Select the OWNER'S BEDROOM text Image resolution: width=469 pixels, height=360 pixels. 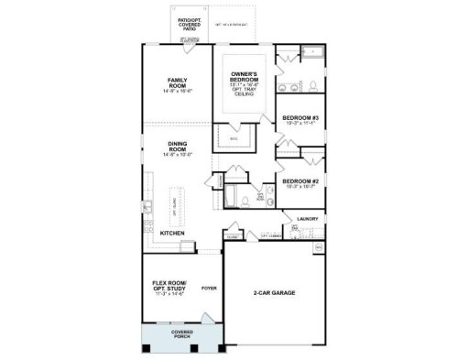(243, 75)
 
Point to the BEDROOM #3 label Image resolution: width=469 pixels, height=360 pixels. (300, 118)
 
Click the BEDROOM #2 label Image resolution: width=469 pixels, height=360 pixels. (300, 180)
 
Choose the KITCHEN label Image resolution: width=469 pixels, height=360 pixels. (173, 234)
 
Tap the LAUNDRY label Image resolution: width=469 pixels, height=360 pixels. (306, 218)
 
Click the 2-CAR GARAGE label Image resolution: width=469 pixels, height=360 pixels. (275, 294)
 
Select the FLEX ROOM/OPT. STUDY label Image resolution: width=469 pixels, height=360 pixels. (169, 286)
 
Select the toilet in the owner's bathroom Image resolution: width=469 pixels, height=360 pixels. (313, 85)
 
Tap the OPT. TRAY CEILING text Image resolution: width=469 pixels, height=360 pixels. (243, 92)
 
